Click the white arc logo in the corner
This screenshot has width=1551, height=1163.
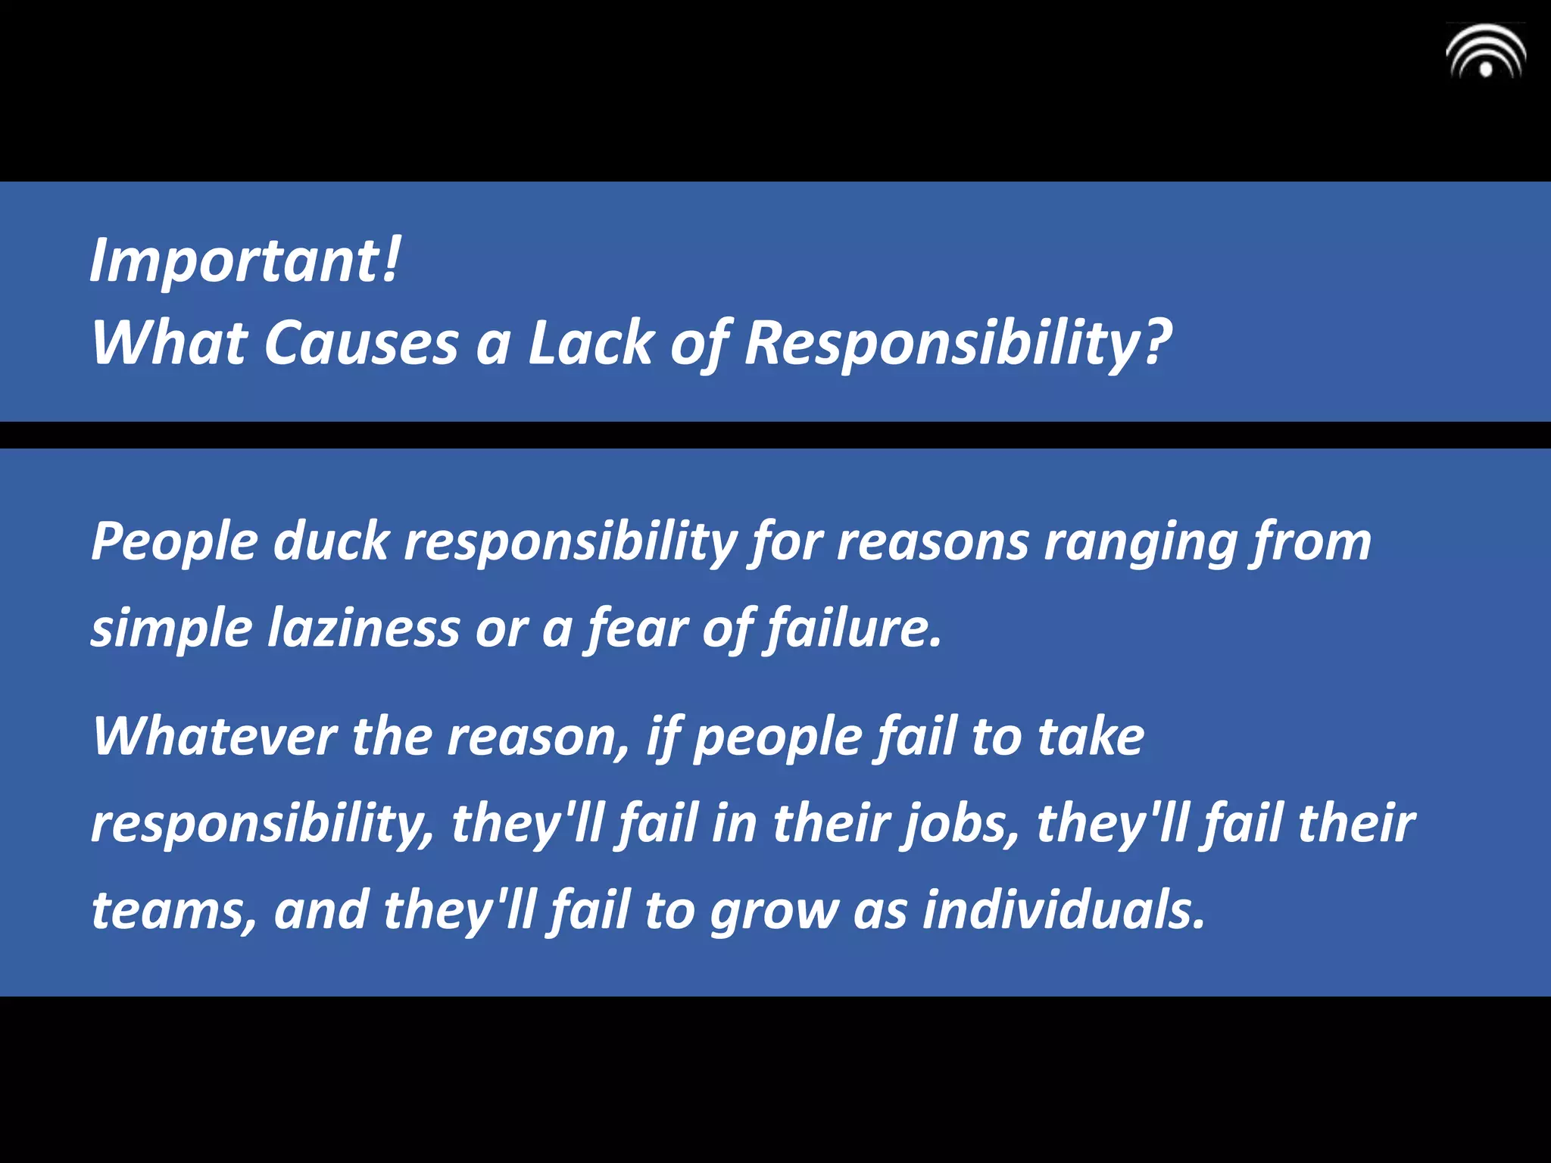point(1485,52)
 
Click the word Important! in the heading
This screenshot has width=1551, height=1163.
point(245,260)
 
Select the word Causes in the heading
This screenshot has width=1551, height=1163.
point(361,343)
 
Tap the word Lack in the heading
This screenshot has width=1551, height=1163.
point(591,343)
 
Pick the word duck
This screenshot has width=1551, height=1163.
point(331,542)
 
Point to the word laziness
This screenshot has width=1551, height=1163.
point(364,628)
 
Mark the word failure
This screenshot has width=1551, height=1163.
point(854,628)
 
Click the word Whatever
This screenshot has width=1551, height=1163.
point(214,737)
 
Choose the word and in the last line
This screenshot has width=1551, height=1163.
point(321,911)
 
